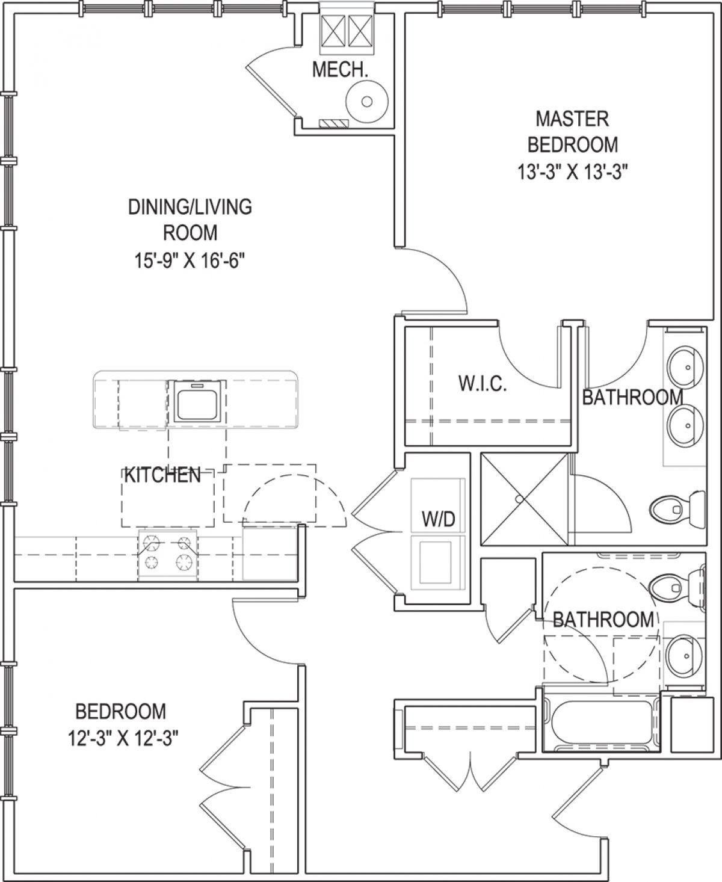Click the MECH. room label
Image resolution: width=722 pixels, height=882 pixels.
(x=340, y=70)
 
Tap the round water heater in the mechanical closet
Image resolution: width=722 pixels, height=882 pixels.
(x=367, y=101)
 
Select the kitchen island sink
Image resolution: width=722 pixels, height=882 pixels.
(x=197, y=401)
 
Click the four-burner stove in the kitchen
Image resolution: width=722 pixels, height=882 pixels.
(x=168, y=554)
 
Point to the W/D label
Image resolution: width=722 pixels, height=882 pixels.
(x=439, y=519)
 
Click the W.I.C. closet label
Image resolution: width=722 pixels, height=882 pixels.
(x=483, y=383)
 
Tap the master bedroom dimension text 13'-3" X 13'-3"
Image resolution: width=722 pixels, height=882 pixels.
(x=573, y=171)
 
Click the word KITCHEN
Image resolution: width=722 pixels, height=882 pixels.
(x=162, y=475)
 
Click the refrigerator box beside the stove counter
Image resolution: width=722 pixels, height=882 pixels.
(x=270, y=554)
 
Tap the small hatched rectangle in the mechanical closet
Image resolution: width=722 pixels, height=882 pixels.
(x=334, y=123)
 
